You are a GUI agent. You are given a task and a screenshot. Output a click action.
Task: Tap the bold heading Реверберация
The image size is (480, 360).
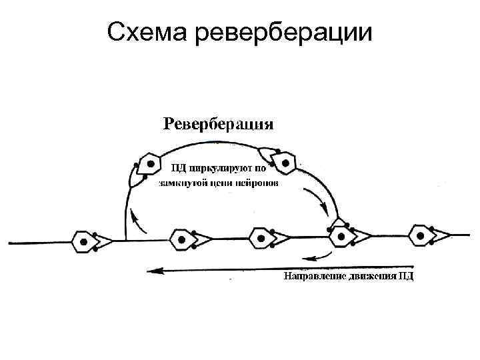pyautogui.click(x=219, y=123)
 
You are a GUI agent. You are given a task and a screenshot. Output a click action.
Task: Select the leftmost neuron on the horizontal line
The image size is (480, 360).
pyautogui.click(x=84, y=241)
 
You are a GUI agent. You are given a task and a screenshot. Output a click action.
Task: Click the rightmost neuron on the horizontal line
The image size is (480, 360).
pyautogui.click(x=421, y=235)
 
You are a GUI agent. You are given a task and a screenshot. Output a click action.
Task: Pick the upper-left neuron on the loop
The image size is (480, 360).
pyautogui.click(x=150, y=164)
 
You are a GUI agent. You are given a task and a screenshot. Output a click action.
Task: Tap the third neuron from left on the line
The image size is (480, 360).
pyautogui.click(x=261, y=238)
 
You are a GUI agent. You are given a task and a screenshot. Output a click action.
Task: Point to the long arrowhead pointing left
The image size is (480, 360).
pyautogui.click(x=155, y=270)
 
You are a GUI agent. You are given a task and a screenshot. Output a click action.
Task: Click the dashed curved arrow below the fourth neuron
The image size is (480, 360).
pyautogui.click(x=317, y=256)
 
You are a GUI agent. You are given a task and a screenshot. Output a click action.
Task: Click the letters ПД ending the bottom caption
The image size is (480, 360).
pyautogui.click(x=405, y=276)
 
